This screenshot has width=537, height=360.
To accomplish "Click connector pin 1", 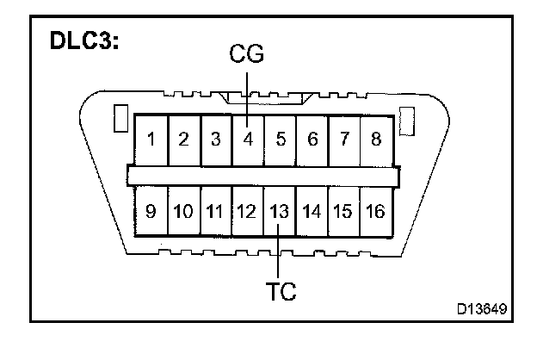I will click(x=151, y=139).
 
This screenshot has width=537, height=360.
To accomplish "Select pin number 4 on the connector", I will click(x=248, y=139).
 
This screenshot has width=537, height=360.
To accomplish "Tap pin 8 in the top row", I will click(x=376, y=139).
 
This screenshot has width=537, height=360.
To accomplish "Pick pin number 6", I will click(x=312, y=139).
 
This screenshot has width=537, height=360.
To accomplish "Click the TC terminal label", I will click(x=279, y=291).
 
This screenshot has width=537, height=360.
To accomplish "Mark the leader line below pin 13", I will click(x=279, y=254).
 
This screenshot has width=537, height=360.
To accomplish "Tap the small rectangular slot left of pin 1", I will click(x=120, y=118).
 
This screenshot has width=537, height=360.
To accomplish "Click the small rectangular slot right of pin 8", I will click(x=408, y=118).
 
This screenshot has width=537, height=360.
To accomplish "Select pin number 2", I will click(x=183, y=139).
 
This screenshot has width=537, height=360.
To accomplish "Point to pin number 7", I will click(x=344, y=139).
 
